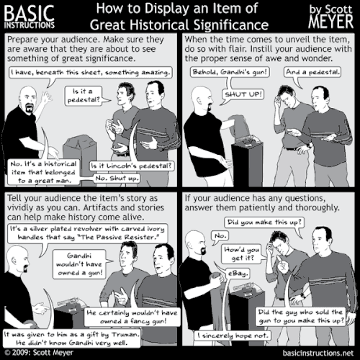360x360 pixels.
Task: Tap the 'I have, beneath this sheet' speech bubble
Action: tap(90, 73)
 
